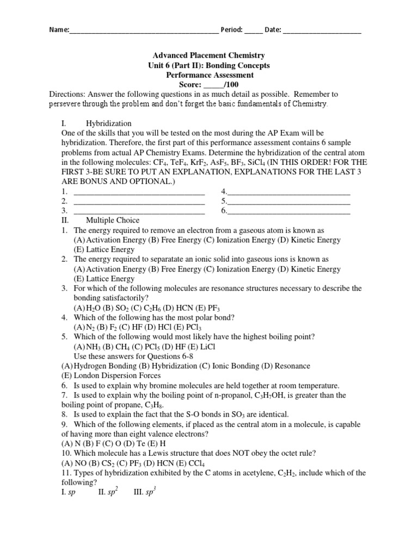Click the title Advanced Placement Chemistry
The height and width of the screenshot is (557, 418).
point(208,55)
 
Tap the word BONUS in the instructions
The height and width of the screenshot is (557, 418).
point(100,182)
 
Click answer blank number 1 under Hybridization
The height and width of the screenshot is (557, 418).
point(138,191)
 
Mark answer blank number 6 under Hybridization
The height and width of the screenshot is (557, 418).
point(288,211)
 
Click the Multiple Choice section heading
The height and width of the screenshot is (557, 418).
point(112,220)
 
